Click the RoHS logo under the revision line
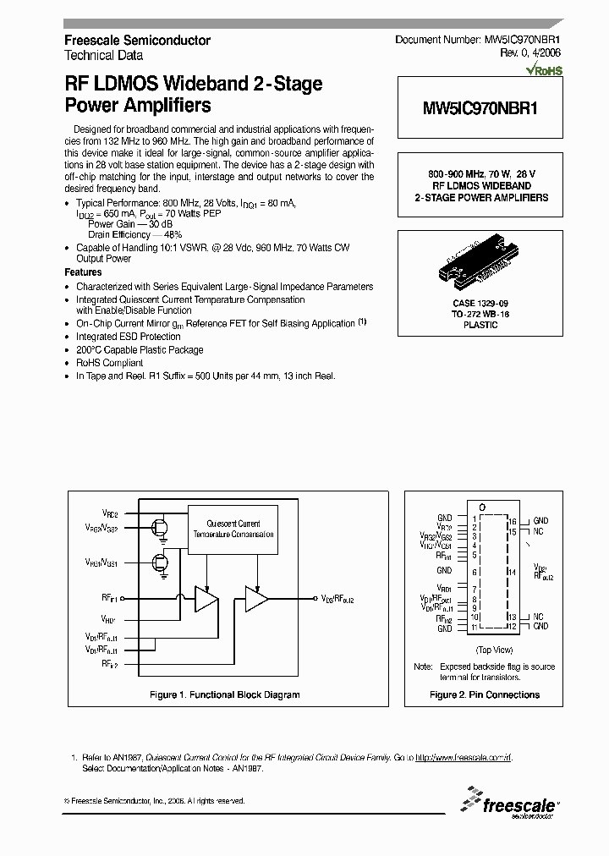pos(545,73)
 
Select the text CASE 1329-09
pos(480,303)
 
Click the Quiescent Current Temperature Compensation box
pos(233,530)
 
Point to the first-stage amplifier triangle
pos(206,599)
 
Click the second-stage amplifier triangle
pos(256,599)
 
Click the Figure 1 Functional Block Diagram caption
pos(224,694)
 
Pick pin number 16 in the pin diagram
pos(513,521)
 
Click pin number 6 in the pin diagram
pos(475,571)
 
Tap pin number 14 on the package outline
pos(513,572)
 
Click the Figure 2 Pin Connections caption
pos(485,694)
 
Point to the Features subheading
pos(83,273)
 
